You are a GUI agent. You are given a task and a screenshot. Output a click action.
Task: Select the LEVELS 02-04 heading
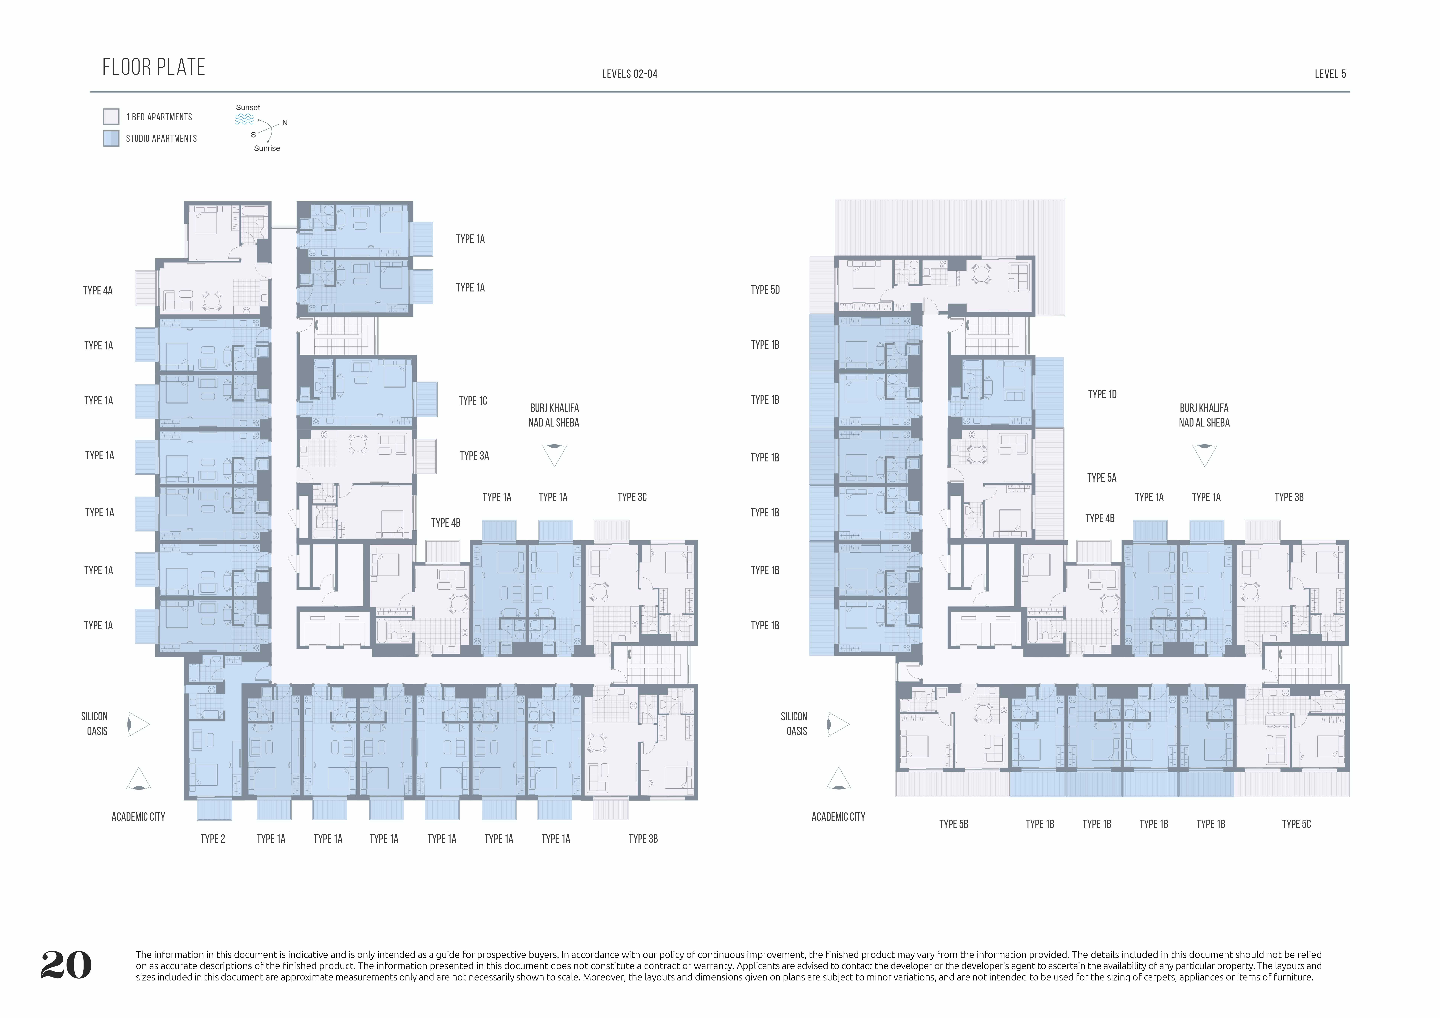(630, 74)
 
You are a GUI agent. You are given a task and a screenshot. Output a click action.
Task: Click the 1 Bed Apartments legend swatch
(111, 117)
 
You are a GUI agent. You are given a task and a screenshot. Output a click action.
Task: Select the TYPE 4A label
(98, 290)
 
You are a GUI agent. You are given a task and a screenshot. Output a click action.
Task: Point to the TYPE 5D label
(765, 290)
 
